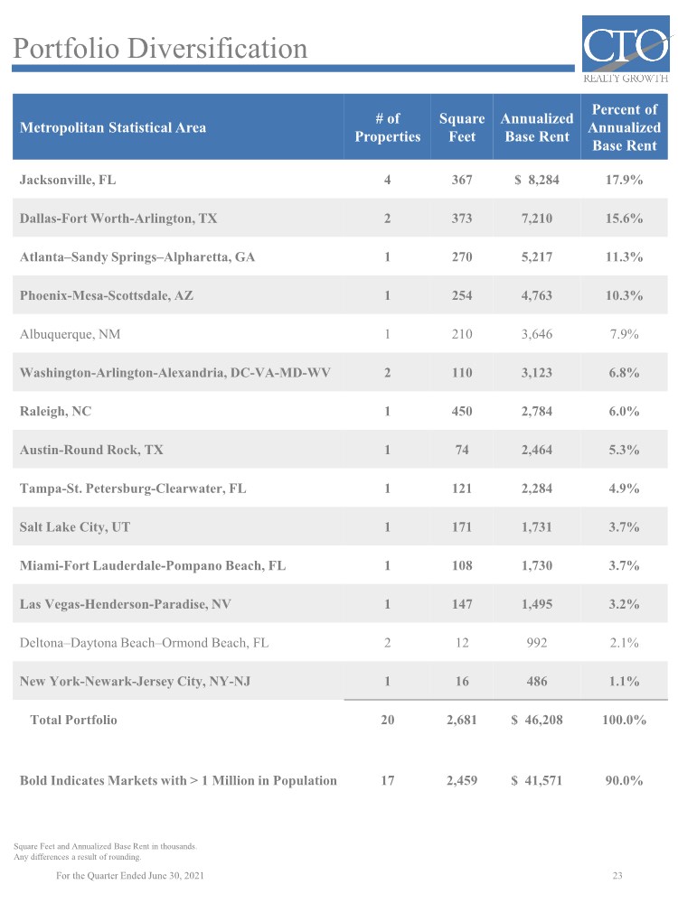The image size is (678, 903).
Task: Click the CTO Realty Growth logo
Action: (x=626, y=51)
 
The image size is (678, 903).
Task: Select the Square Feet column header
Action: (x=462, y=127)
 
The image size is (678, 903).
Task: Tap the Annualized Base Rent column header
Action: (x=537, y=127)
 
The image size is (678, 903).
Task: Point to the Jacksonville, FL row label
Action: (x=68, y=180)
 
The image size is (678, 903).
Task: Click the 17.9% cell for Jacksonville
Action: (x=624, y=180)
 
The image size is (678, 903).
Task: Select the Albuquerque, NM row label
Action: (x=71, y=334)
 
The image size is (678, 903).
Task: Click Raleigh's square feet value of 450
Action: (x=462, y=412)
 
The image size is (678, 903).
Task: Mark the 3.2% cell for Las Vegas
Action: (x=624, y=604)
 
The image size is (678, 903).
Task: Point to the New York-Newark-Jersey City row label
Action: (x=134, y=682)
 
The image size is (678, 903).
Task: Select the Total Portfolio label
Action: (x=74, y=720)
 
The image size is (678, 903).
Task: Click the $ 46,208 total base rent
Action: (x=537, y=720)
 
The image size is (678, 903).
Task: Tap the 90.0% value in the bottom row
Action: (x=624, y=780)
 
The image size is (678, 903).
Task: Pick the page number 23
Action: (x=618, y=876)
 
